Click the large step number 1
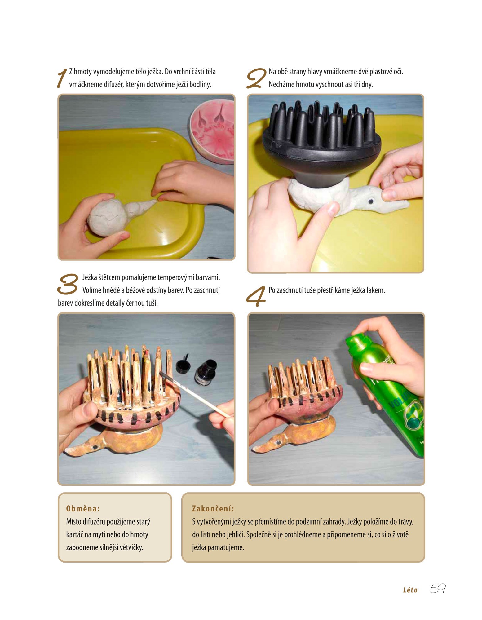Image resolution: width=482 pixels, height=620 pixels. pos(62,78)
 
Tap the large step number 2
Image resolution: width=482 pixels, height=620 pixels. pos(256,78)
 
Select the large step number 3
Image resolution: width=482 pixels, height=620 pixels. pos(68,284)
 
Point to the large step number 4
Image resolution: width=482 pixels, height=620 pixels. pos(256,296)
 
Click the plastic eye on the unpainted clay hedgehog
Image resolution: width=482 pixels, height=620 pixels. pos(370,201)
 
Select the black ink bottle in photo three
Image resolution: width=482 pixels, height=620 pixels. pos(206,372)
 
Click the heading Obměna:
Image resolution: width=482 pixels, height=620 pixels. pos(83,509)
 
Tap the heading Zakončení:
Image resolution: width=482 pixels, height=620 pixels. pos(213,509)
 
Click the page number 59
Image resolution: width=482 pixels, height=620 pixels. pos(437,588)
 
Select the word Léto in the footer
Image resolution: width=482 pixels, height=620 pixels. pos(410,590)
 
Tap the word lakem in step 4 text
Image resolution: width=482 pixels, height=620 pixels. pos(376,290)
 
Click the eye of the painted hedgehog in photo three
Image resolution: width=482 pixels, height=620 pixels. pos(95,447)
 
